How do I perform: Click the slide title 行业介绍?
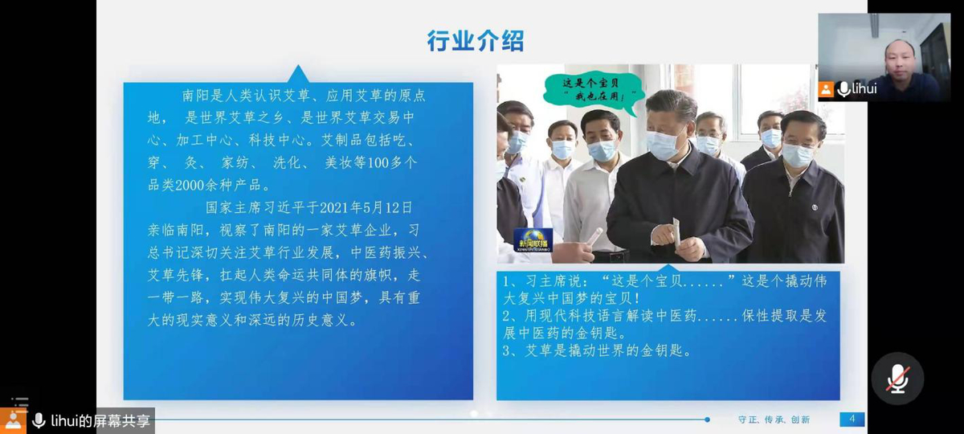click(x=476, y=41)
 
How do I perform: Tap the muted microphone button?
click(x=898, y=379)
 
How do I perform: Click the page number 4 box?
click(x=852, y=419)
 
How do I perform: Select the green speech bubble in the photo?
click(x=594, y=92)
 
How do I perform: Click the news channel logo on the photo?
click(x=533, y=240)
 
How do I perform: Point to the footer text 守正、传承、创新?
click(x=774, y=420)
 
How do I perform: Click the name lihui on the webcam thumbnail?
click(x=864, y=88)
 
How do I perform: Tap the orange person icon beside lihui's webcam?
click(x=826, y=89)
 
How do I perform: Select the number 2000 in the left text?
click(x=190, y=185)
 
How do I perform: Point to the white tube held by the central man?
click(x=676, y=232)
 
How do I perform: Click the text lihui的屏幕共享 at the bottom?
click(x=100, y=420)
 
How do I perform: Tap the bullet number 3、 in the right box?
click(x=512, y=350)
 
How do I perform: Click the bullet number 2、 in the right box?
click(x=512, y=316)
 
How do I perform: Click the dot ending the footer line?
click(x=707, y=420)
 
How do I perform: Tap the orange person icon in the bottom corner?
click(x=13, y=420)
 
